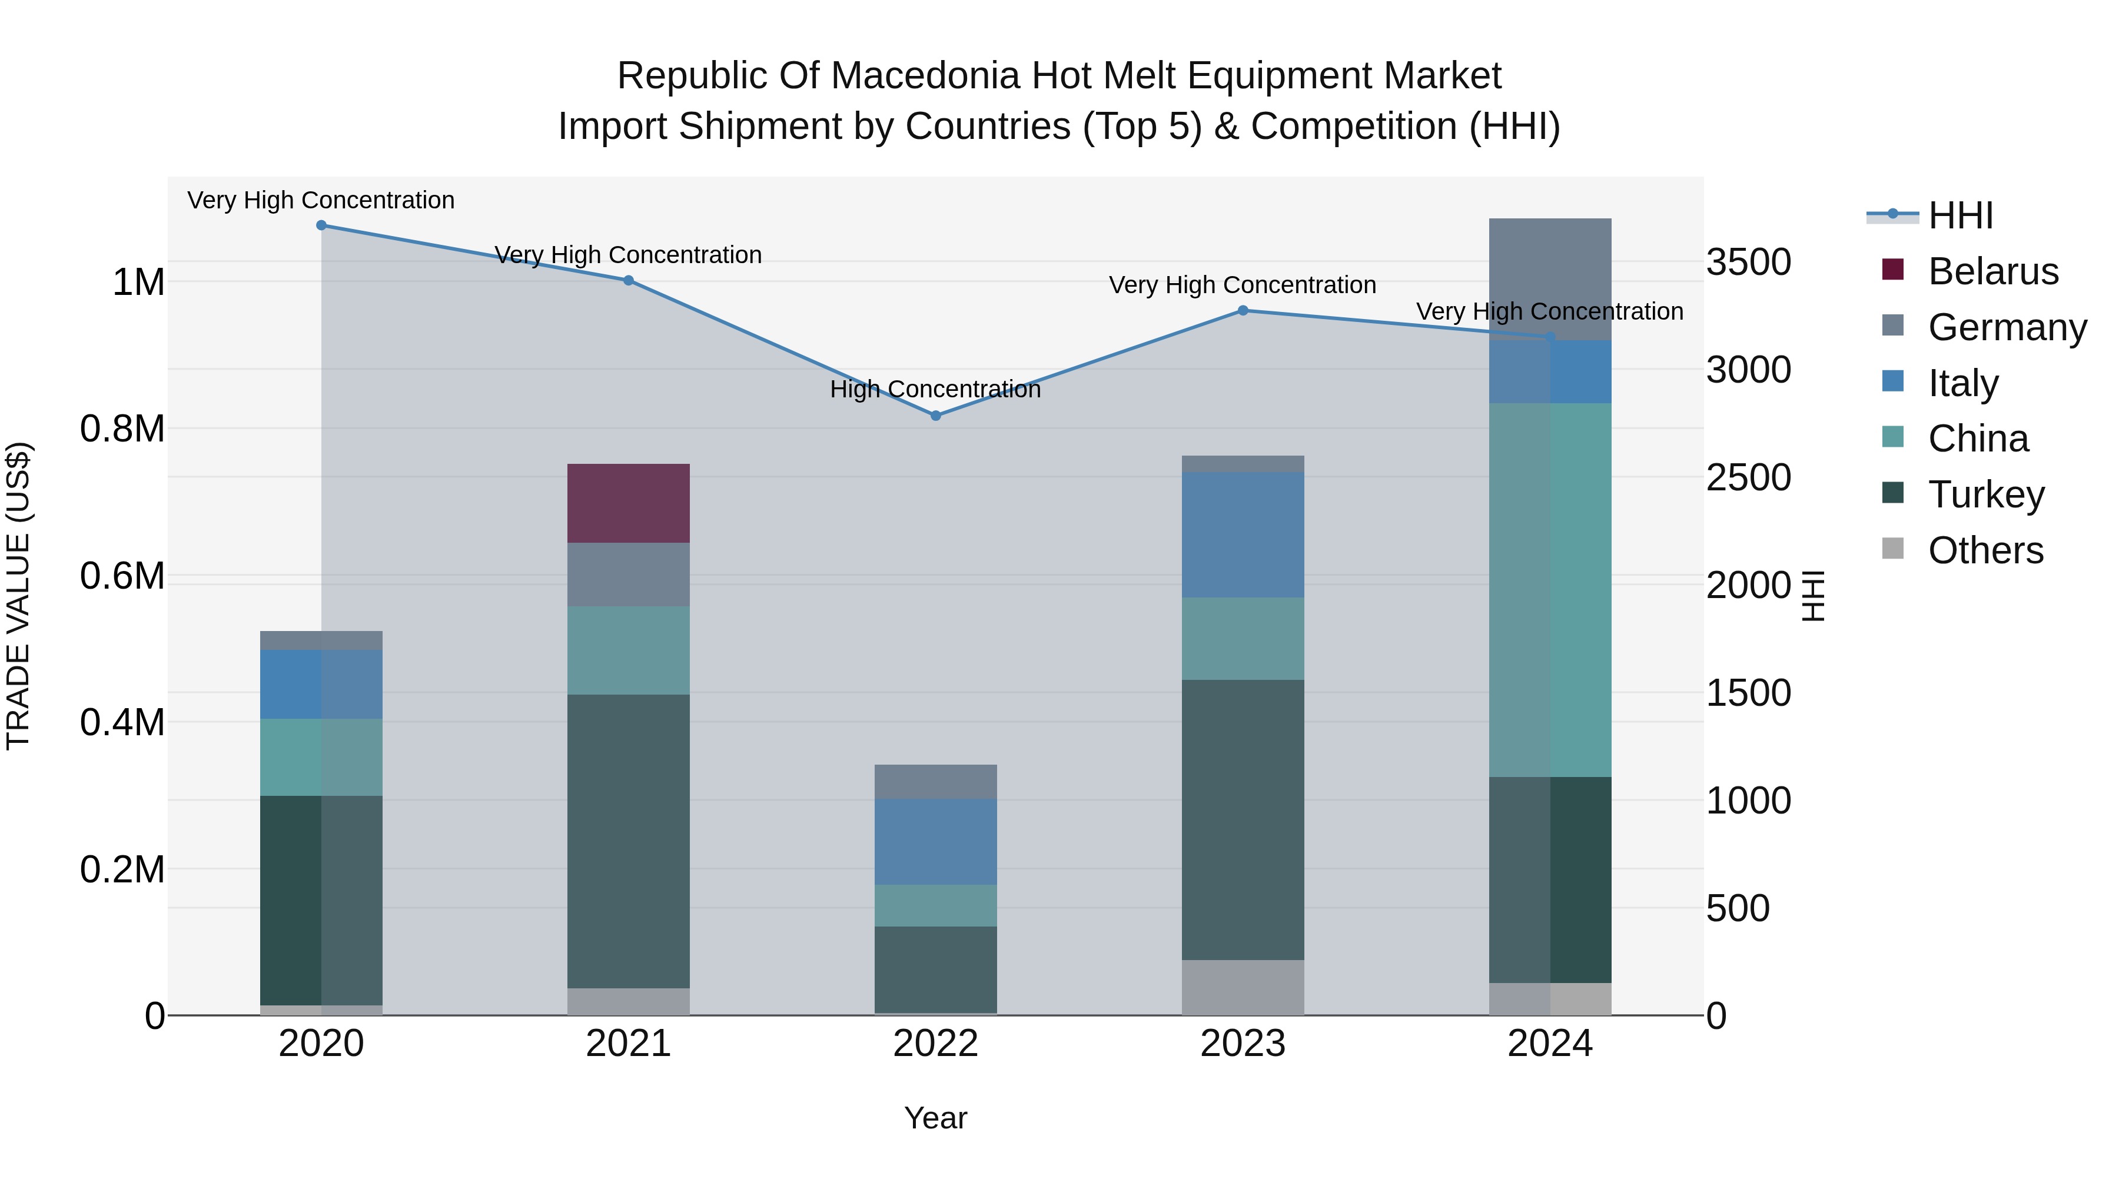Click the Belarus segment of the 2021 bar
click(x=629, y=503)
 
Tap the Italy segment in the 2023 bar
click(x=1243, y=534)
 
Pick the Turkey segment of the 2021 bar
click(x=629, y=841)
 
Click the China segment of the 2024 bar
click(x=1550, y=590)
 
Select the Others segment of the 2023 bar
click(x=1243, y=987)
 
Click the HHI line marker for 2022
click(x=935, y=416)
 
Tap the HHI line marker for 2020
click(x=321, y=225)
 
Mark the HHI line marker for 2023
click(x=1243, y=311)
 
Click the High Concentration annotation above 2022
click(x=935, y=389)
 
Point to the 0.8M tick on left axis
click(x=122, y=429)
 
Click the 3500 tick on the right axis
click(x=1748, y=263)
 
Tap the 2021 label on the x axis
click(x=629, y=1044)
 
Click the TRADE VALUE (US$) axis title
click(x=18, y=596)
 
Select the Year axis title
click(x=935, y=1118)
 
